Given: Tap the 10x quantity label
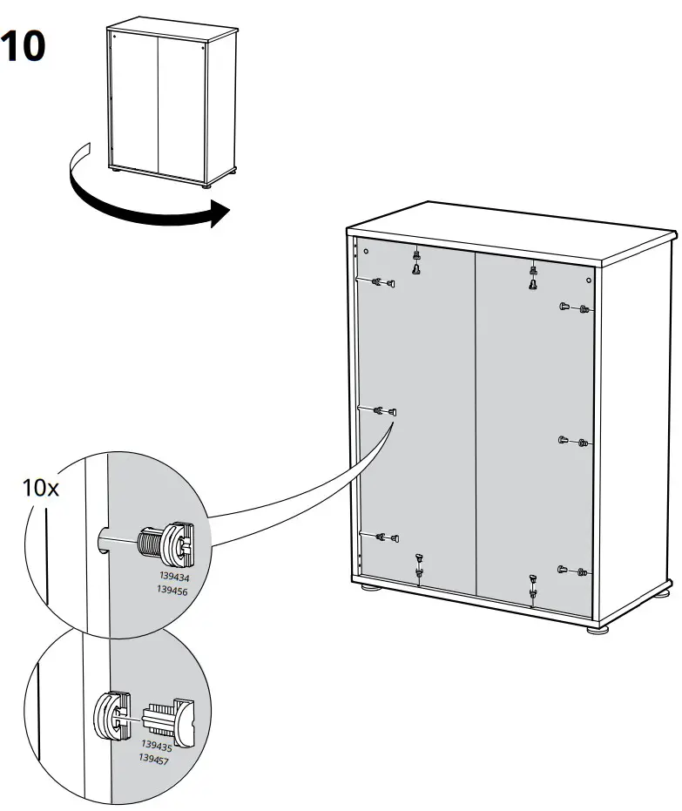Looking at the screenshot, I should [x=41, y=488].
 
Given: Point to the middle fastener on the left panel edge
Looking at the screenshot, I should [x=384, y=410].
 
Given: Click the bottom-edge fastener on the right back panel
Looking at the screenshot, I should [x=532, y=587].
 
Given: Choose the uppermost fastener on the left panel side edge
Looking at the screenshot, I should [x=382, y=281].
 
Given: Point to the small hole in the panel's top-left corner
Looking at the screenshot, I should [x=367, y=252].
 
